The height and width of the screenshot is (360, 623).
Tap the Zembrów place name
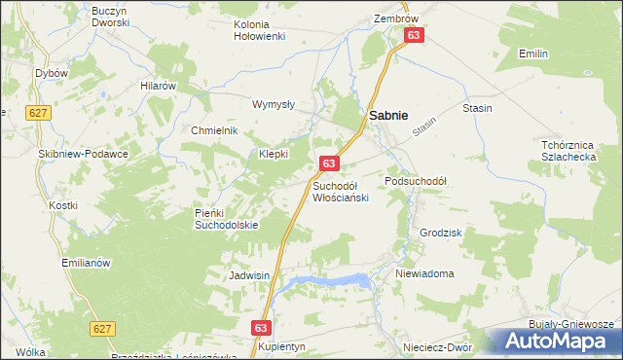(395, 18)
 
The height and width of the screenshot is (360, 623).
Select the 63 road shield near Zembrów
(414, 35)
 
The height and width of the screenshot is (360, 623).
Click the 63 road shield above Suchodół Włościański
(329, 163)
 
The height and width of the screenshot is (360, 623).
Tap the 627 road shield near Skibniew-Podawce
(39, 112)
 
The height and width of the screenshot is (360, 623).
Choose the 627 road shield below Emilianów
(102, 329)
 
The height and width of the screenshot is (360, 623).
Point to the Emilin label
(533, 53)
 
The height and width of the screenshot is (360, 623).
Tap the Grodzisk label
(439, 234)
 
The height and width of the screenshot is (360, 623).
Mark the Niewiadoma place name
(424, 273)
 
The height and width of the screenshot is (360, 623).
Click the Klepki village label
(274, 154)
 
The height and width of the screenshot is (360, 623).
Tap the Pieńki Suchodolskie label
(227, 219)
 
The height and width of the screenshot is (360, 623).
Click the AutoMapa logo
(558, 341)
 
